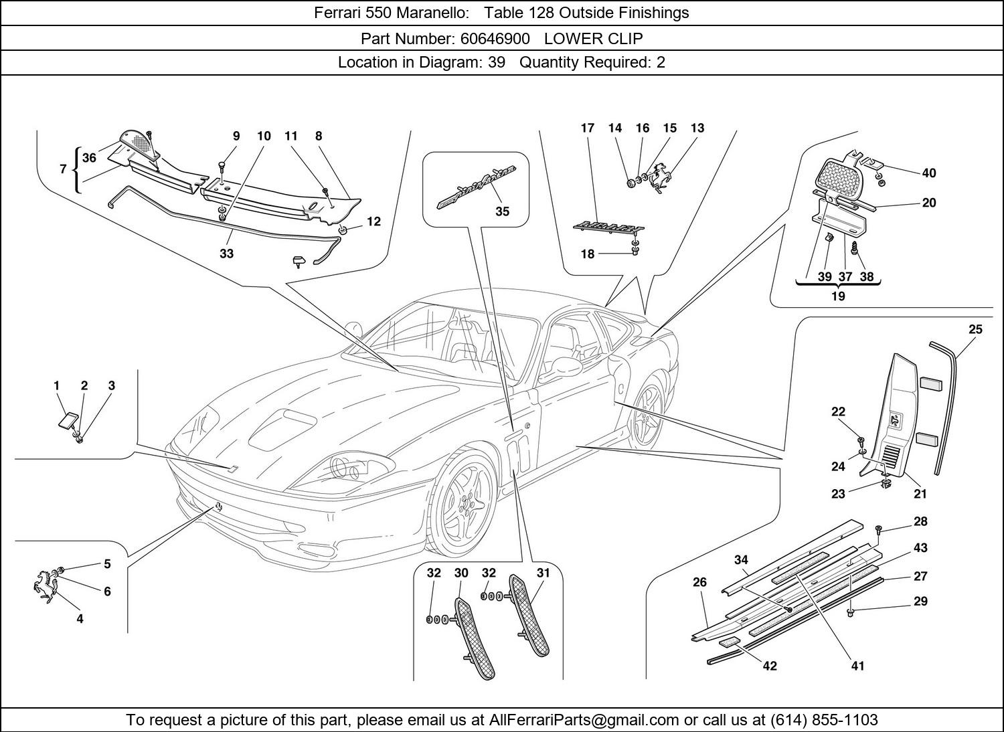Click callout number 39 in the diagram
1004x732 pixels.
click(824, 276)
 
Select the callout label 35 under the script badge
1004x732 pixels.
click(502, 211)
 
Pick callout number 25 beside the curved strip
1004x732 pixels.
click(975, 329)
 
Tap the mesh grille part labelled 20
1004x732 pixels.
click(843, 175)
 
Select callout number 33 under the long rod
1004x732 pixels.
click(226, 254)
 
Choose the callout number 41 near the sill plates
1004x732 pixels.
click(857, 665)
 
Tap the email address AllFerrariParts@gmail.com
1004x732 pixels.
click(584, 720)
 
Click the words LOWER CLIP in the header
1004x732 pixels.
click(593, 38)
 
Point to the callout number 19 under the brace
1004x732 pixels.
click(837, 296)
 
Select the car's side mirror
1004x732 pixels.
click(566, 367)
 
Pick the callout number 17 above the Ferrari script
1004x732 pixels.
click(587, 128)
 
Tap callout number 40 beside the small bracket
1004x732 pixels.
click(928, 173)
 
